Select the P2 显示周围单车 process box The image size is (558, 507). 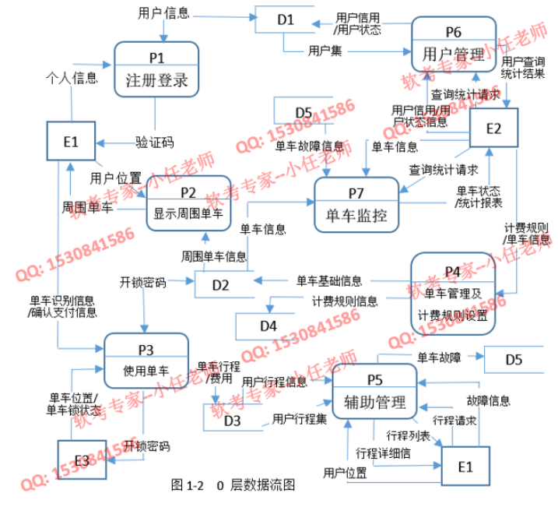pos(188,202)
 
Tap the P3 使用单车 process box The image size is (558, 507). pos(146,359)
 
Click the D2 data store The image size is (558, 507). pos(223,285)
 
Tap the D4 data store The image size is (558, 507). pos(268,326)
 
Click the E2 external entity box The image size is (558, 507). pos(493,130)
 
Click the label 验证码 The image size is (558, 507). pos(154,142)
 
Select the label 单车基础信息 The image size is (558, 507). pos(328,280)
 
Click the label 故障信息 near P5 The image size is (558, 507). pos(488,401)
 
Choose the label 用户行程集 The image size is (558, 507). pos(299,420)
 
